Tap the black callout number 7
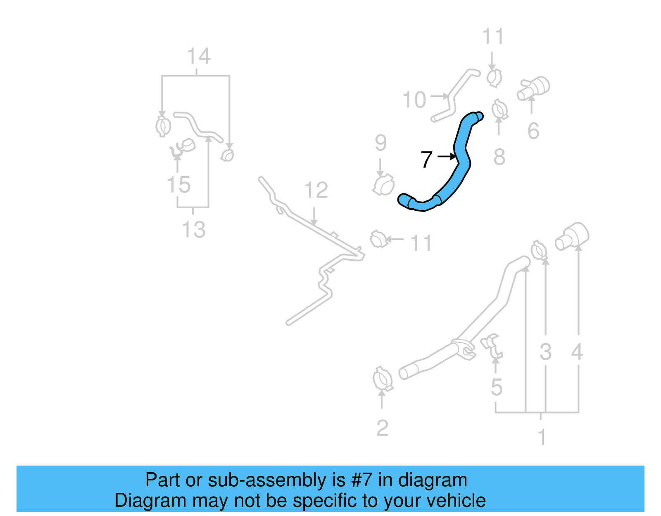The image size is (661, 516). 426,159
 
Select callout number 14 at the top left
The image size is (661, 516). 199,57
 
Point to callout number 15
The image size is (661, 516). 178,185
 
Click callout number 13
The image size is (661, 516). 194,230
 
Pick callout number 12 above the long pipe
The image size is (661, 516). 316,190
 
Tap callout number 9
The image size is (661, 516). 380,143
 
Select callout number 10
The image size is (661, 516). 414,100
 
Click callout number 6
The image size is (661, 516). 533,131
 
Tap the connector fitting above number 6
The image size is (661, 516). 534,88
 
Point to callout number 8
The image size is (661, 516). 499,157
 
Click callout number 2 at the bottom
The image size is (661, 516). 382,428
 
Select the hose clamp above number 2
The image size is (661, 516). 383,378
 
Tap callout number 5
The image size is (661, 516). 497,388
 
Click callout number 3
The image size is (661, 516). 545,352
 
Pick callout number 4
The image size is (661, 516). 577,352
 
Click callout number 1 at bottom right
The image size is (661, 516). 542,437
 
